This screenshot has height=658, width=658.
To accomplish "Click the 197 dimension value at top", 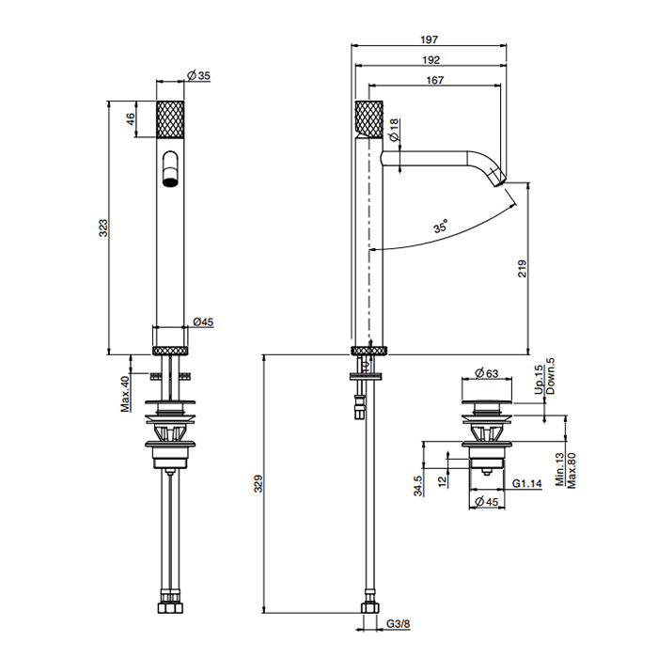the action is click(429, 39).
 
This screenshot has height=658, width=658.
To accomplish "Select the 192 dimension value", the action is click(431, 60).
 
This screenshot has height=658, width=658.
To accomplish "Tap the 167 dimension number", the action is click(435, 80).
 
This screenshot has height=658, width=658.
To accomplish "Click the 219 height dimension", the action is click(522, 269).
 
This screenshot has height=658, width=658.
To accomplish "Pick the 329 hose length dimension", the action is click(258, 483).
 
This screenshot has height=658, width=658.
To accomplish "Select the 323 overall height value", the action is click(103, 227).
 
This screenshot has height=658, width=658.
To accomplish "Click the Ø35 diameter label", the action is click(199, 75).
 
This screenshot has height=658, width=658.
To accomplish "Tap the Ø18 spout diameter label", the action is click(393, 130).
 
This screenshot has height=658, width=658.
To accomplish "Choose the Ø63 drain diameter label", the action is click(487, 372).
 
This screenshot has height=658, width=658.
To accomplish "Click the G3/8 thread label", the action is click(398, 624).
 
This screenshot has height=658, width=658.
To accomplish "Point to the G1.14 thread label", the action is click(527, 483).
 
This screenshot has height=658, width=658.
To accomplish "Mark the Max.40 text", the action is click(125, 394).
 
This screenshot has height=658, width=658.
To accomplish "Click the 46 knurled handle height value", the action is click(131, 119).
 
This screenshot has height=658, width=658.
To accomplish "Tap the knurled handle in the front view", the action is click(170, 118).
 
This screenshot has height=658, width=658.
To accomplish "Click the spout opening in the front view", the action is click(170, 182).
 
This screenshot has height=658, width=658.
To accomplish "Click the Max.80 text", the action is click(572, 470).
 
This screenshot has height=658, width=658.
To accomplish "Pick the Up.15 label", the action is click(539, 380).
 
